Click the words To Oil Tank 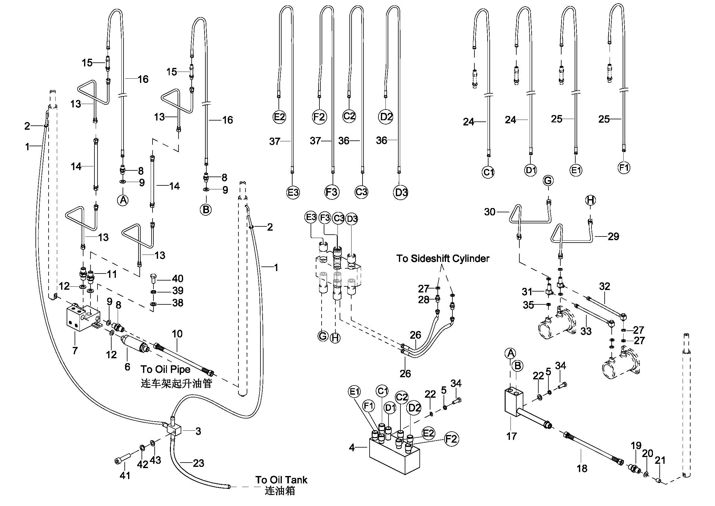(281, 480)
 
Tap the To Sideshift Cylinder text (443, 258)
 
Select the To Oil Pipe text (165, 369)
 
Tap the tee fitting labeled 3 (173, 429)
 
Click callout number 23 (198, 463)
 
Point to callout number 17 (511, 436)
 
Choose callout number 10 (177, 334)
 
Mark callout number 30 (489, 212)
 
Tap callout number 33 (586, 331)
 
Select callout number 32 (604, 286)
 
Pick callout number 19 (636, 445)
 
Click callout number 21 (660, 460)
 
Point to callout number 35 (528, 305)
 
